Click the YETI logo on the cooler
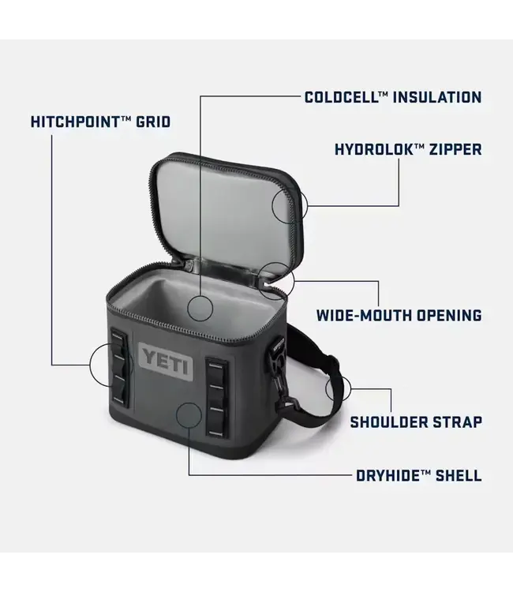[165, 358]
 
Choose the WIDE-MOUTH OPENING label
[399, 316]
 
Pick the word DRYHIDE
[386, 476]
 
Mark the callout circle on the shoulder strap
[339, 388]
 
